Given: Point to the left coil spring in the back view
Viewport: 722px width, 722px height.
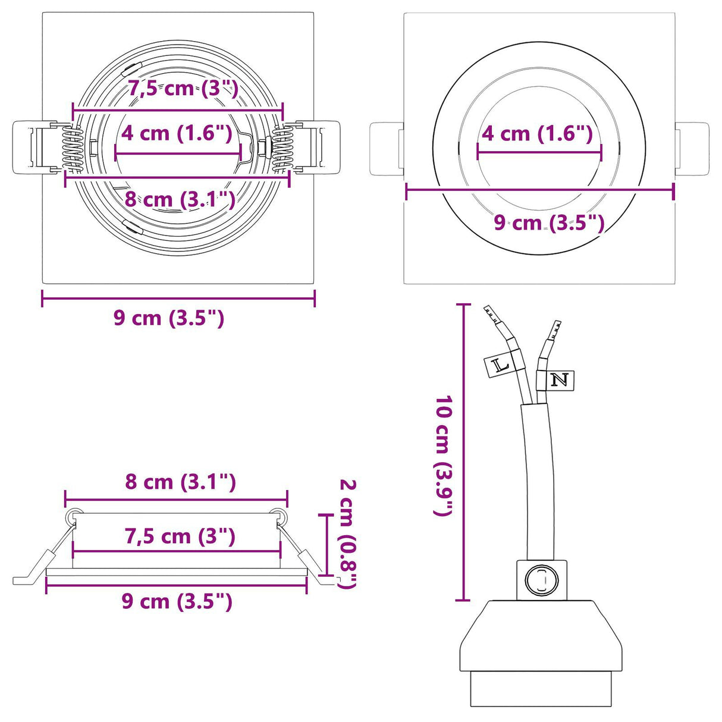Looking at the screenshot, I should [73, 149].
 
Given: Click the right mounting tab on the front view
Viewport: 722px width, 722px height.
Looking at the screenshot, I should [692, 149].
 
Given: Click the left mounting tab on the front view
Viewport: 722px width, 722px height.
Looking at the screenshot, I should [387, 149].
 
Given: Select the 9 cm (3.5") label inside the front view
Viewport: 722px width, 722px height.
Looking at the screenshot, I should [549, 223].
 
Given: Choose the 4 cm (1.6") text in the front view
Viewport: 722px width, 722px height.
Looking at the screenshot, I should [537, 134].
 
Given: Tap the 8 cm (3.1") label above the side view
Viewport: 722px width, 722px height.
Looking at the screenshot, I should [180, 482].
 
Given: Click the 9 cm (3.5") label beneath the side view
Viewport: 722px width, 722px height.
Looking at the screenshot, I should [177, 601].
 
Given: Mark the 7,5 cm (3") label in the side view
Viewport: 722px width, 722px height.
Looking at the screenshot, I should [180, 536].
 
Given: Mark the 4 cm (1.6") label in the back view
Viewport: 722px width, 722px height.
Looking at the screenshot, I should [177, 133].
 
